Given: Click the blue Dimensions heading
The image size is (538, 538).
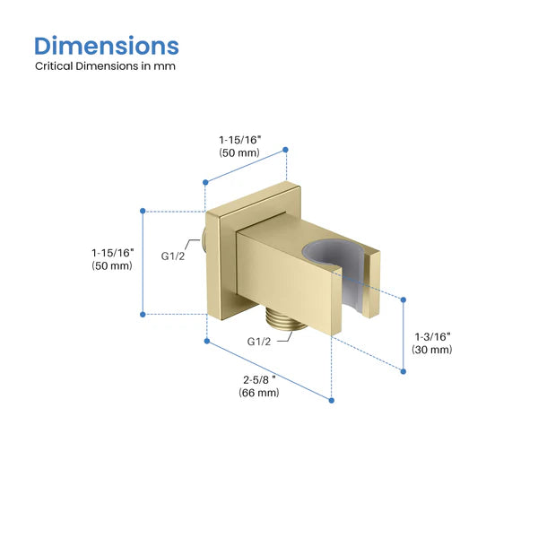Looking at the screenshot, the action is [x=107, y=46].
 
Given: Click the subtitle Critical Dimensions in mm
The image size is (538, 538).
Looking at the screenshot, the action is [x=105, y=65].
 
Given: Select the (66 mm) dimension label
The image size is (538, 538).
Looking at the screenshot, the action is [x=259, y=393].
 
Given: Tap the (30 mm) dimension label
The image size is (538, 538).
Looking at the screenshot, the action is [x=432, y=350].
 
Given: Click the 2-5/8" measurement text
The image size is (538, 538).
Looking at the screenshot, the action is [x=259, y=380].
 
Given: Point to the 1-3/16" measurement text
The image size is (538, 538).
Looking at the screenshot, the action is [x=432, y=336].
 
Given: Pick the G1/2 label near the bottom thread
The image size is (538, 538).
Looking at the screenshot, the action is [x=259, y=342].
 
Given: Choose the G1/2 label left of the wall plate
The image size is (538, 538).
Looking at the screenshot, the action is [x=172, y=256].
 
